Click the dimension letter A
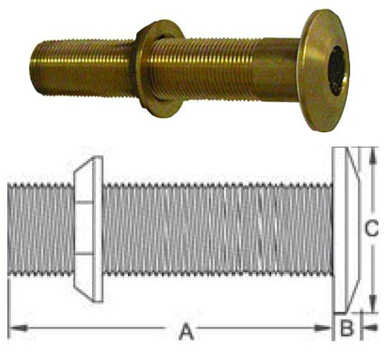(x=186, y=332)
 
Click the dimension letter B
(x=347, y=329)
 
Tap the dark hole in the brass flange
(x=337, y=70)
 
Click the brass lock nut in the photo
(x=160, y=68)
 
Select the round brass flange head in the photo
(x=324, y=70)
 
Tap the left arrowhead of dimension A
(x=18, y=328)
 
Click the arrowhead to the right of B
(x=370, y=328)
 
